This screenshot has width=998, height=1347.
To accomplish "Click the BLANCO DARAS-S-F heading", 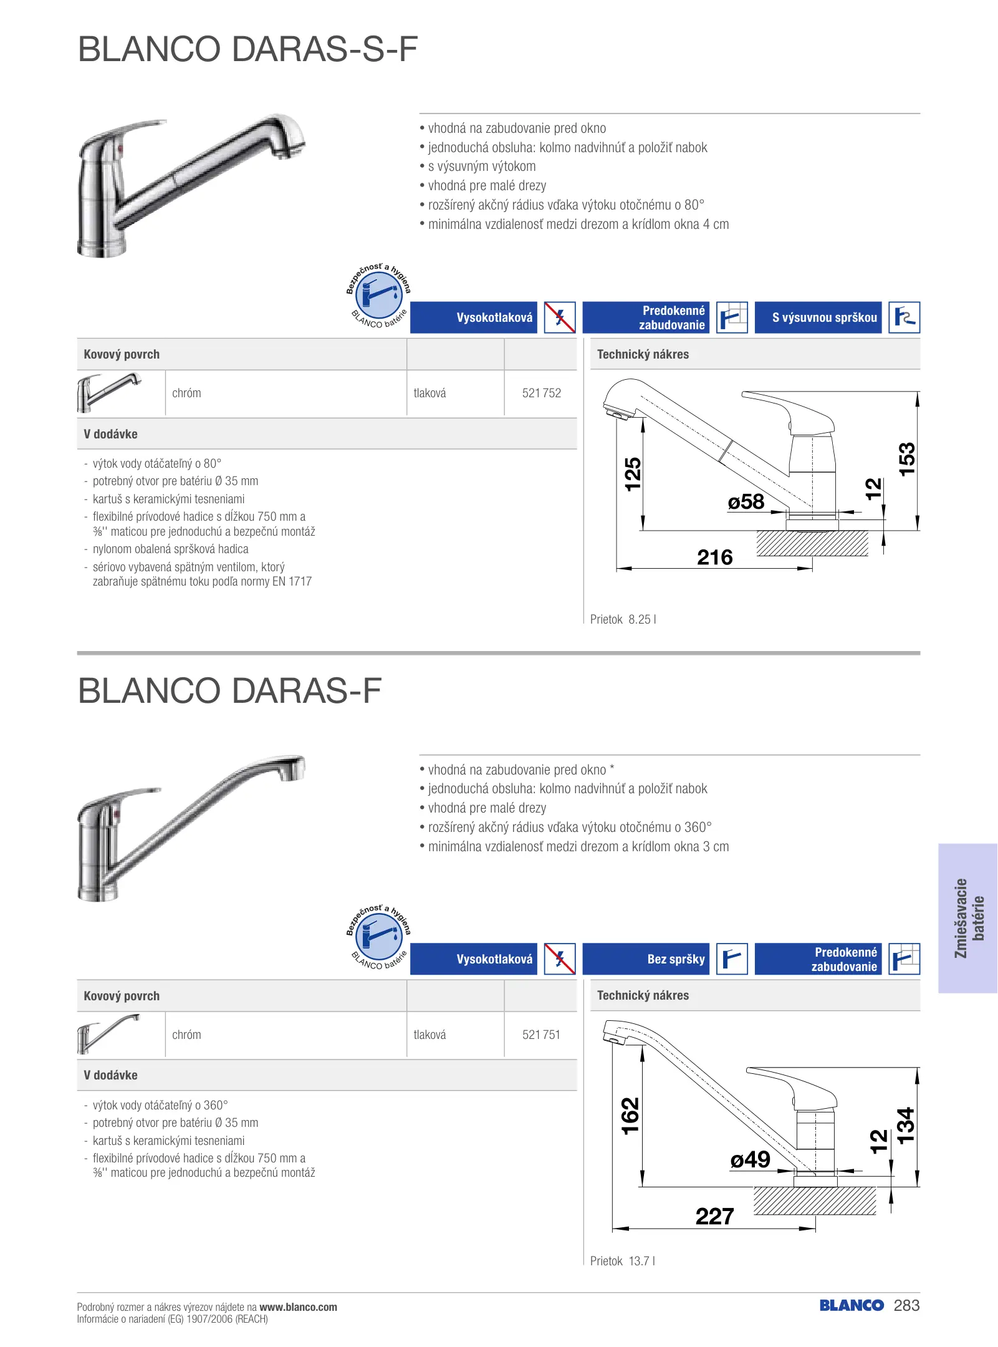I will pyautogui.click(x=247, y=49).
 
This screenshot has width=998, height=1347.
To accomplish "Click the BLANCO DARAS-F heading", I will pyautogui.click(x=229, y=691).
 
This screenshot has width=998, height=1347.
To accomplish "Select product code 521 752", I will pyautogui.click(x=541, y=393).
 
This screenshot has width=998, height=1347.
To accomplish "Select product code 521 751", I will pyautogui.click(x=541, y=1035).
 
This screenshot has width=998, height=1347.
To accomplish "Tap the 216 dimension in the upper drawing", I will pyautogui.click(x=714, y=557).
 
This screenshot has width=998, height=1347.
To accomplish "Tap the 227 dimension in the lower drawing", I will pyautogui.click(x=714, y=1216).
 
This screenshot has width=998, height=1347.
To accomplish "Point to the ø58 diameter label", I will pyautogui.click(x=746, y=502).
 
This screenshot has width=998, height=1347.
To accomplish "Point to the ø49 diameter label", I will pyautogui.click(x=750, y=1160).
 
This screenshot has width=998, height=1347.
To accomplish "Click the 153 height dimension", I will pyautogui.click(x=907, y=459).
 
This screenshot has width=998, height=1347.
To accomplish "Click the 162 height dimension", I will pyautogui.click(x=630, y=1116).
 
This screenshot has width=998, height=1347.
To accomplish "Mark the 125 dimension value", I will pyautogui.click(x=632, y=474).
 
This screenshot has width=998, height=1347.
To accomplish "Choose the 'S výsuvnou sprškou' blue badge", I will pyautogui.click(x=818, y=318).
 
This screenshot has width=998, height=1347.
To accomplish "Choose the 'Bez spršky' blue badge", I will pyautogui.click(x=646, y=959).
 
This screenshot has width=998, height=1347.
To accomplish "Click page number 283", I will pyautogui.click(x=906, y=1306).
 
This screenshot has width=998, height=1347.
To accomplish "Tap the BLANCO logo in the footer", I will pyautogui.click(x=851, y=1306).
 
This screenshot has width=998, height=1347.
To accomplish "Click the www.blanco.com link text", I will pyautogui.click(x=298, y=1307).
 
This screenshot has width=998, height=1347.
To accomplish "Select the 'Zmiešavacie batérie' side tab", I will pyautogui.click(x=968, y=918).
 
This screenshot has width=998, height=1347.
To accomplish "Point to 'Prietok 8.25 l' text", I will pyautogui.click(x=623, y=619).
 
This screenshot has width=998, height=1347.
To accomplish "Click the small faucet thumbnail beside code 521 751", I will pyautogui.click(x=110, y=1034).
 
